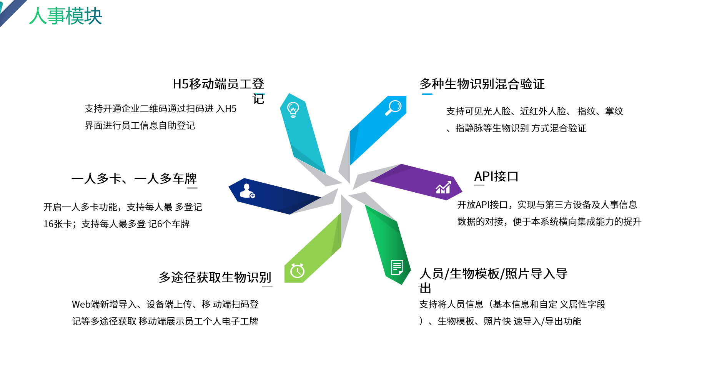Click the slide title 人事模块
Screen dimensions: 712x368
tap(66, 16)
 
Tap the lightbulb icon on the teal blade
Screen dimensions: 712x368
tap(293, 110)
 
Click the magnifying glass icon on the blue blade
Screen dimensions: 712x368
tap(394, 107)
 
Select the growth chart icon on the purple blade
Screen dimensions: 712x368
tap(443, 187)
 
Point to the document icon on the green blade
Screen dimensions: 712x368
tap(397, 268)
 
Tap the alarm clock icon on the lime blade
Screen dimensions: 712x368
tap(297, 270)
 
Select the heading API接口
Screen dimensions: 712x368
tap(496, 177)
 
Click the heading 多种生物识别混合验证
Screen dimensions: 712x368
tap(482, 84)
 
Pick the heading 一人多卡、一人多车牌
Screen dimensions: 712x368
tap(134, 178)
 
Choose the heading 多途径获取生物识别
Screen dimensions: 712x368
tap(215, 277)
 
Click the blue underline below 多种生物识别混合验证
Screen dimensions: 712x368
tap(427, 94)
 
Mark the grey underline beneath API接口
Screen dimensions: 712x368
tap(479, 185)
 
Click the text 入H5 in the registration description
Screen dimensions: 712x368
tap(226, 108)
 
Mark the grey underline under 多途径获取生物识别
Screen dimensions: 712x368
tap(267, 286)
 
